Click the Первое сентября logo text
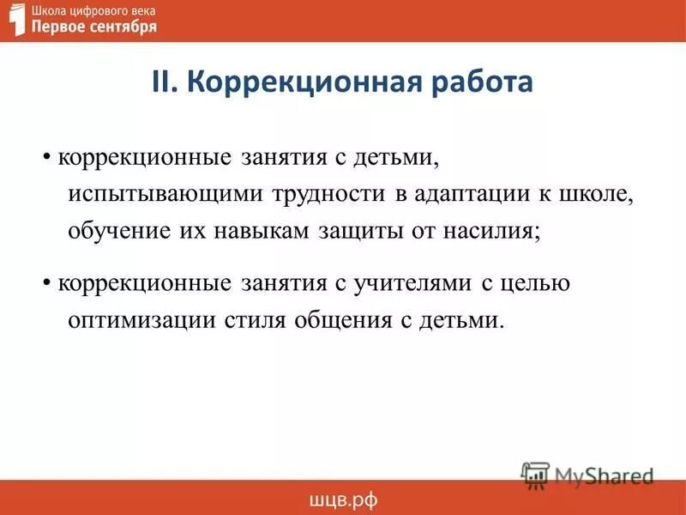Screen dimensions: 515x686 tap(94, 27)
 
